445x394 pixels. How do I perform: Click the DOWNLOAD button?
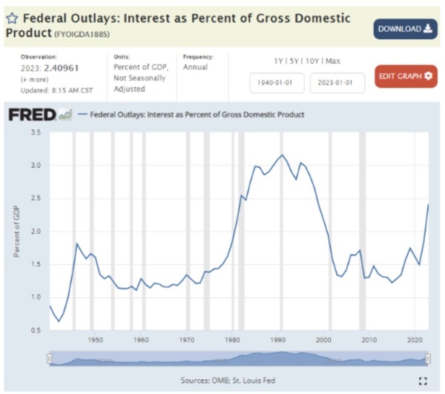point(405,29)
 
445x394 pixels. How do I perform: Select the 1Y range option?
point(278,61)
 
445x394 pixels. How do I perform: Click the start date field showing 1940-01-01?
point(277,83)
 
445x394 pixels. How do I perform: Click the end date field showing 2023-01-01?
point(337,83)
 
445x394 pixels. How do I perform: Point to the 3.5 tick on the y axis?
point(36,132)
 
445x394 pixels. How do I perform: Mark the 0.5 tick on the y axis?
point(36,329)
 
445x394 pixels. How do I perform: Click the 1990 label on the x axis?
point(278,340)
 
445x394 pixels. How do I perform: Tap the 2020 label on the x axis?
point(415,340)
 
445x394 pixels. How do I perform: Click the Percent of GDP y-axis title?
point(16,232)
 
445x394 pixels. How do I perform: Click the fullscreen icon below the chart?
point(423,381)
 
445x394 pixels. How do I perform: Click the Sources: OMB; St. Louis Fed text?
point(227,381)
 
